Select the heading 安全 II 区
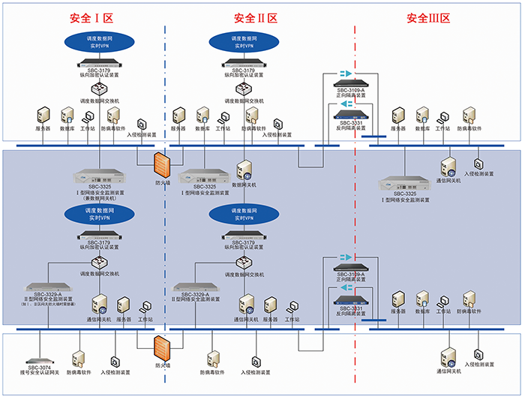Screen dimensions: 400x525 [256, 18]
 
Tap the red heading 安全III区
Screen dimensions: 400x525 [427, 18]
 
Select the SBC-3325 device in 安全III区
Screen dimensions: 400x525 [405, 182]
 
